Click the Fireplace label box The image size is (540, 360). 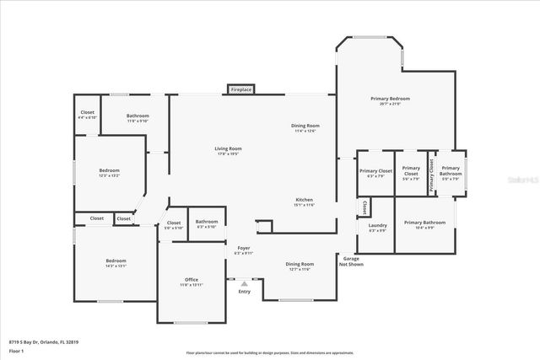click(241, 89)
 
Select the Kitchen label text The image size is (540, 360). click(305, 201)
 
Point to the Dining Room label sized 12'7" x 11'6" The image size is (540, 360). click(300, 266)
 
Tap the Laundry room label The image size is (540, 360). click(378, 227)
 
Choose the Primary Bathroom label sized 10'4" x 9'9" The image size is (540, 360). click(424, 224)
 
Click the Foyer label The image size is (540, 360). click(243, 250)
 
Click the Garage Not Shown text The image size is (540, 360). click(351, 261)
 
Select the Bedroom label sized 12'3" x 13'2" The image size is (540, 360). click(110, 172)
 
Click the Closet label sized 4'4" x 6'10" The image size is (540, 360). click(88, 114)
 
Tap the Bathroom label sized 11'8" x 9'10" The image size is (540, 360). click(138, 117)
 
